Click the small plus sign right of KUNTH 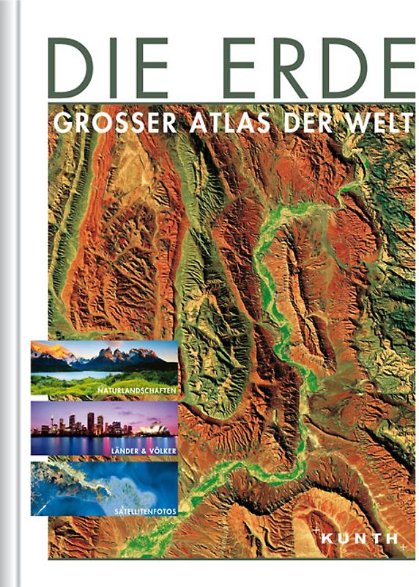pyautogui.click(x=404, y=547)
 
